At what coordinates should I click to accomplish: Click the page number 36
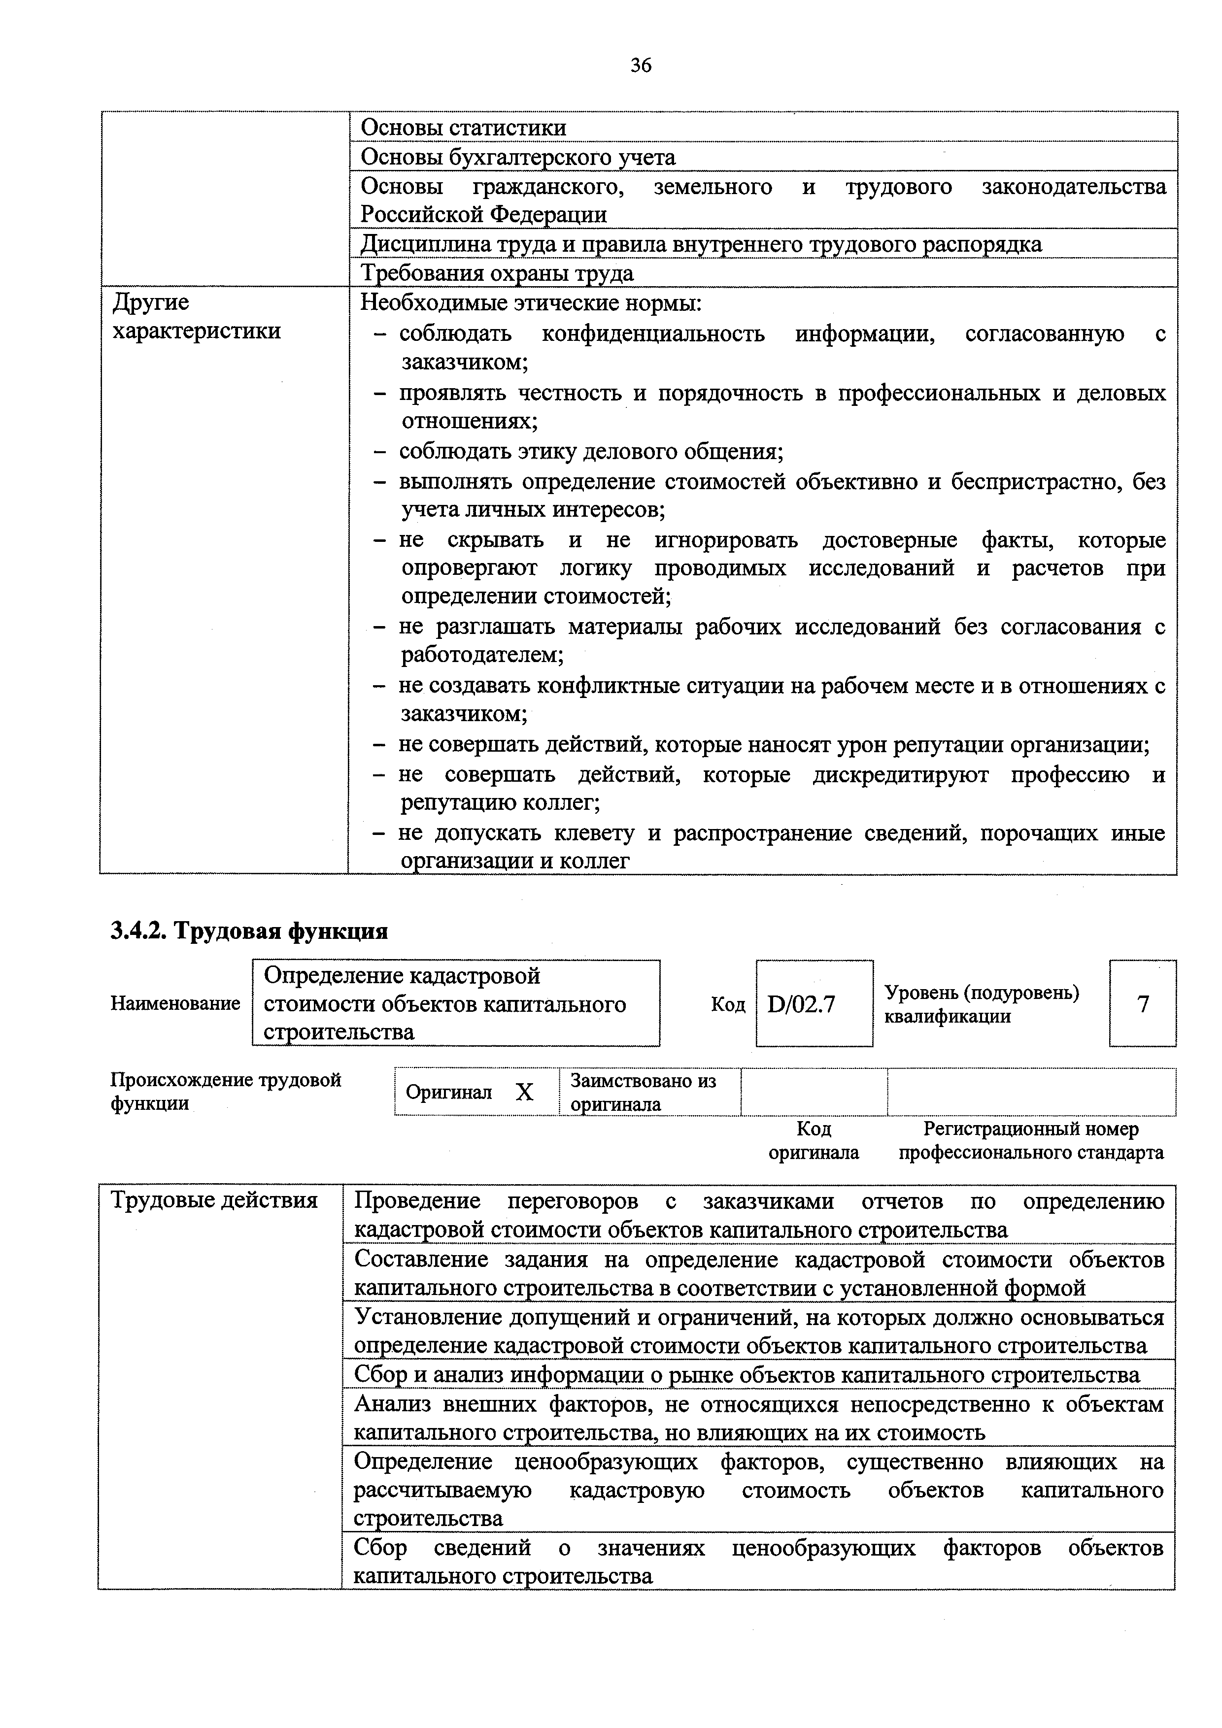pyautogui.click(x=641, y=66)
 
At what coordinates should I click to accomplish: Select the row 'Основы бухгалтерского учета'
pyautogui.click(x=518, y=157)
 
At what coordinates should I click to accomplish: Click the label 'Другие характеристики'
pyautogui.click(x=196, y=317)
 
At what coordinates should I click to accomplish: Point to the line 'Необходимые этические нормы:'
pyautogui.click(x=531, y=303)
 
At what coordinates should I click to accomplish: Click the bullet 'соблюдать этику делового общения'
pyautogui.click(x=591, y=452)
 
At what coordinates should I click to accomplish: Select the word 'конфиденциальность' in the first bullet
pyautogui.click(x=653, y=333)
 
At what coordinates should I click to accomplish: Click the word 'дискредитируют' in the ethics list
pyautogui.click(x=901, y=774)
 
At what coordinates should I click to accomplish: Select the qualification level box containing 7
pyautogui.click(x=1142, y=1004)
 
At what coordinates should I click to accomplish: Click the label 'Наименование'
pyautogui.click(x=175, y=1004)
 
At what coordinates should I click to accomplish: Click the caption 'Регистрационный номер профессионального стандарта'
pyautogui.click(x=1031, y=1141)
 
